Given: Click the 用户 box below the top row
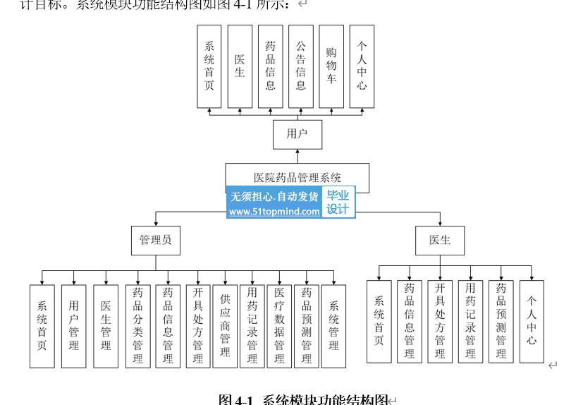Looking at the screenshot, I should (x=297, y=134).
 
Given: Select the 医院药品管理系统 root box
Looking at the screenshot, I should (x=297, y=177).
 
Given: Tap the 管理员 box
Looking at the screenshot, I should (x=155, y=241).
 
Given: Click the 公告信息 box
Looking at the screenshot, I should (x=301, y=66).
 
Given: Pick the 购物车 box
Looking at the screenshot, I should (x=331, y=66).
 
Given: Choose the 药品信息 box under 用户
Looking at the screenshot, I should (x=270, y=66).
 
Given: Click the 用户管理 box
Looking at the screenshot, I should (x=74, y=326).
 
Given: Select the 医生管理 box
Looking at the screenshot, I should (x=106, y=326).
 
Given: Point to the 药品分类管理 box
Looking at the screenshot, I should (x=137, y=326).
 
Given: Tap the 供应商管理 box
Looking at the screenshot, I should (x=225, y=326).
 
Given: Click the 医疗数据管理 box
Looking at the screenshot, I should (x=279, y=326).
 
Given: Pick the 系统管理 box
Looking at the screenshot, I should (x=333, y=326).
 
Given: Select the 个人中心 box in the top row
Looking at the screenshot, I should (x=362, y=66).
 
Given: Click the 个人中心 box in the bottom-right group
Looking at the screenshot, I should (x=532, y=321).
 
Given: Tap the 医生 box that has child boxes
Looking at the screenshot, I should (x=439, y=241).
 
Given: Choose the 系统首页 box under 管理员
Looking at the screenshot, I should (x=42, y=326).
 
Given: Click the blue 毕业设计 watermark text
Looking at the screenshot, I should (x=338, y=202).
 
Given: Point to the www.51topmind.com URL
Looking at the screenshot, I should (x=274, y=212).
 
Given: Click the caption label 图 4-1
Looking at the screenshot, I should (x=235, y=400).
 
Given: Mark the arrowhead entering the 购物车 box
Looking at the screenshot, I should (x=331, y=110).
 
